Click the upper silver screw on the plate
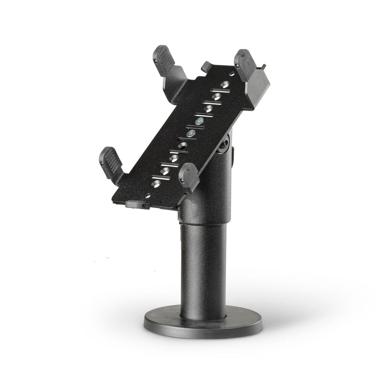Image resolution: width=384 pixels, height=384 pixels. (200, 121)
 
